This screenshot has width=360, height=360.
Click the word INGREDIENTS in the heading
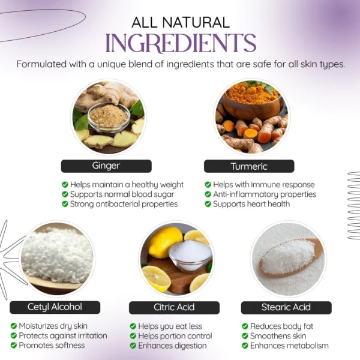click(181, 43)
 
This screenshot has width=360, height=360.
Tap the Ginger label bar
click(106, 166)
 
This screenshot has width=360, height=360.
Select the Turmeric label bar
click(249, 166)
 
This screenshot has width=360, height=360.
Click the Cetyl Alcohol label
click(55, 307)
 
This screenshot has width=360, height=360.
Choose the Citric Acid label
click(174, 307)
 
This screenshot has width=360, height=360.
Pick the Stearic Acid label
click(286, 307)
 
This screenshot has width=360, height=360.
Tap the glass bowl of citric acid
click(190, 255)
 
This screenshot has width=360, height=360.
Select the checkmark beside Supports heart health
click(208, 204)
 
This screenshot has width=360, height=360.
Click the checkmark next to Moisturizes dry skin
click(14, 326)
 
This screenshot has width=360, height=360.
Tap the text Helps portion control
click(175, 335)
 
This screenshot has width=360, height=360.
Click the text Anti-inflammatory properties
click(265, 194)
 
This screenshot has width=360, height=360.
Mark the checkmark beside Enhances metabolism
click(245, 346)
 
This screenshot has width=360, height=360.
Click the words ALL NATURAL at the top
click(181, 23)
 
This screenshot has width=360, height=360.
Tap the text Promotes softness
click(52, 346)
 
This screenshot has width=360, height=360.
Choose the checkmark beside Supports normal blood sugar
click(65, 194)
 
